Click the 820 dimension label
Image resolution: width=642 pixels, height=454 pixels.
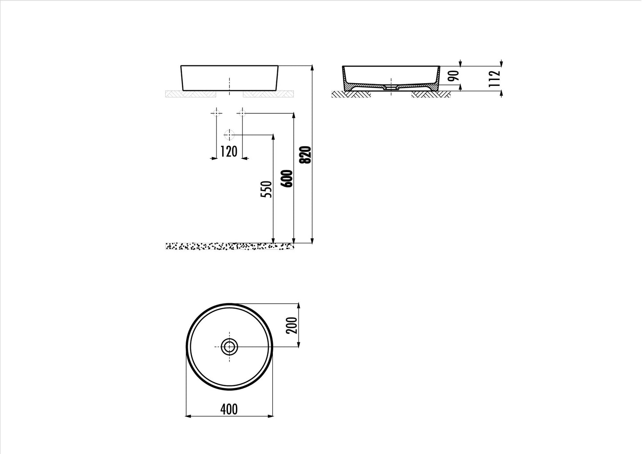[x=305, y=155]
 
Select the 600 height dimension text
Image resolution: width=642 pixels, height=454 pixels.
[x=287, y=179]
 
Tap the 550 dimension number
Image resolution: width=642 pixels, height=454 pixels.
[x=266, y=189]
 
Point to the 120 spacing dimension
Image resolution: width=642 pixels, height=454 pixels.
[x=229, y=152]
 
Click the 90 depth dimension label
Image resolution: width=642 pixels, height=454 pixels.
[x=454, y=76]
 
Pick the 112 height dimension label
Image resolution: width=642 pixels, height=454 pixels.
[x=494, y=78]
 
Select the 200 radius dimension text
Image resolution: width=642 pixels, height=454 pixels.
[x=292, y=325]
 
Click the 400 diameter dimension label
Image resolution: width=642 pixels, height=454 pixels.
[x=229, y=409]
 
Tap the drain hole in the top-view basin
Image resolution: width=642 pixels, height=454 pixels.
[x=229, y=347]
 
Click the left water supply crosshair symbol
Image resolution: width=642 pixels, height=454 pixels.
[x=216, y=113]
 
